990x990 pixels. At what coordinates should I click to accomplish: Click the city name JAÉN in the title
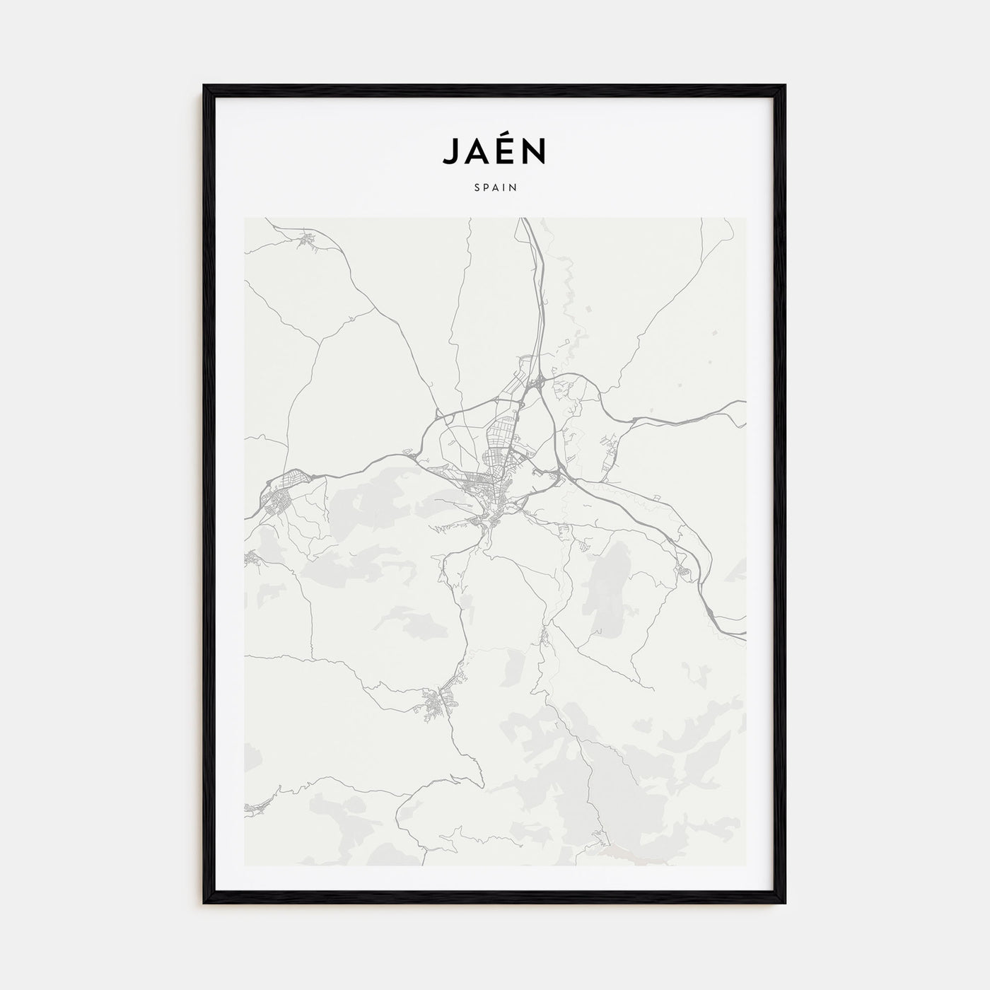click(x=494, y=150)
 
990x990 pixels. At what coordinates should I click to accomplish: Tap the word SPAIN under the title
click(x=495, y=188)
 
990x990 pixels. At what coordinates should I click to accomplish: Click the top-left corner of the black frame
click(x=205, y=86)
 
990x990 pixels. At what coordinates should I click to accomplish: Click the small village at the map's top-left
click(x=308, y=240)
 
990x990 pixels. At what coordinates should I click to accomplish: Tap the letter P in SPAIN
click(x=485, y=188)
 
